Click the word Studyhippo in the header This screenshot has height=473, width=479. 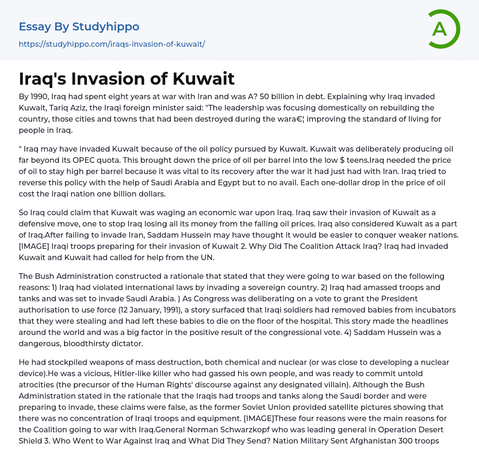[106, 27]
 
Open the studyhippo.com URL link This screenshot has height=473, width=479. [112, 44]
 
